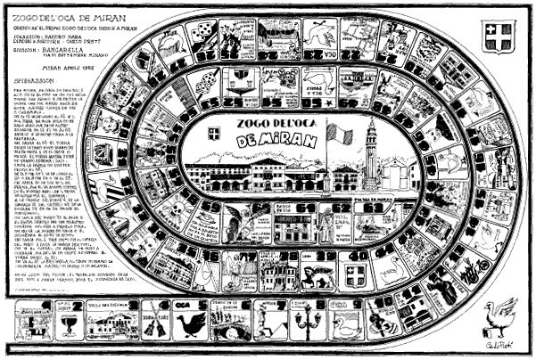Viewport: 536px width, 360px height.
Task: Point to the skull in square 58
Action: (183, 218)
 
